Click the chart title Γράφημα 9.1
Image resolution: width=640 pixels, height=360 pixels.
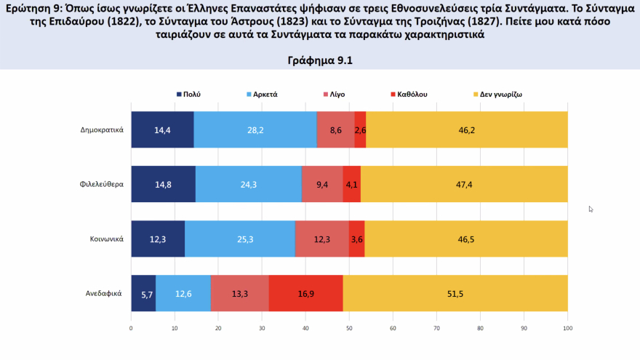[x=320, y=61]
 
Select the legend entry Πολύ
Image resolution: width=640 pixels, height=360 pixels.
[x=188, y=95]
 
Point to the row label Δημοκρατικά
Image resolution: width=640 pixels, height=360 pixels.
[x=102, y=130]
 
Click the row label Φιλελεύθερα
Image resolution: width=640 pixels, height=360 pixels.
[x=102, y=184]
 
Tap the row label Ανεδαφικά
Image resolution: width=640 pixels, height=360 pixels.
[x=104, y=294]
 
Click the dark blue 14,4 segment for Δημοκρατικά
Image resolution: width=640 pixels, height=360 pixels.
[x=162, y=130]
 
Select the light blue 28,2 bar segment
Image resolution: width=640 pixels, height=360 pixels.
[x=255, y=130]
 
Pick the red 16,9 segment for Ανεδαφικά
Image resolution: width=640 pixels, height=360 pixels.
[x=305, y=294]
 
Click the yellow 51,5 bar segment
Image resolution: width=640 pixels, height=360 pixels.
[x=455, y=294]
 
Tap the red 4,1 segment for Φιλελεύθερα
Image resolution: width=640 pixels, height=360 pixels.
[x=352, y=184]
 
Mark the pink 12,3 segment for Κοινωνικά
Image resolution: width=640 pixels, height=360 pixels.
[x=322, y=239]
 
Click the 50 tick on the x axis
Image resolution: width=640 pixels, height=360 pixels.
[x=349, y=328]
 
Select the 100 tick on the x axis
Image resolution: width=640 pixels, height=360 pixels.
[x=567, y=328]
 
